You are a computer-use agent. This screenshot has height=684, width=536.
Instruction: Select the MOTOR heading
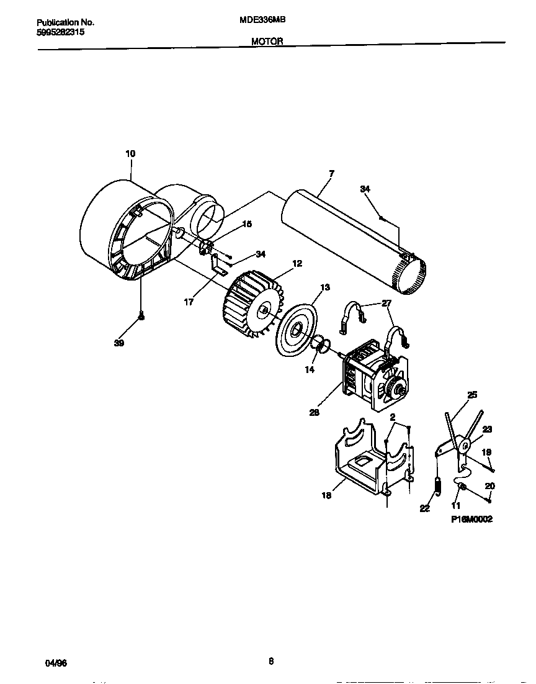(x=267, y=41)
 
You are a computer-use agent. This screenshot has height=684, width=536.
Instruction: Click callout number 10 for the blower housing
(x=130, y=153)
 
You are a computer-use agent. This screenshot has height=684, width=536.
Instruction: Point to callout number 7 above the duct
(x=331, y=173)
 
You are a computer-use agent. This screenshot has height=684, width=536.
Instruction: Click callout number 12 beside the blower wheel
(x=297, y=264)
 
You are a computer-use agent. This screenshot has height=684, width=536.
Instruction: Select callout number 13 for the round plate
(x=324, y=287)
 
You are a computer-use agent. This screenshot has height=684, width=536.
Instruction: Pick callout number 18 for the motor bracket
(x=326, y=495)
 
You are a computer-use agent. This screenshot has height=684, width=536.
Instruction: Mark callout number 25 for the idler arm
(x=472, y=394)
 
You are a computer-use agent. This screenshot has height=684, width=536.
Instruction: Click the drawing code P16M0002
(x=471, y=520)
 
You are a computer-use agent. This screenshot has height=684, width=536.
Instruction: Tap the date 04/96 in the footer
(x=56, y=663)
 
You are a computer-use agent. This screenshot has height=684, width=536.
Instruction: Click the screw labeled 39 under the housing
(x=141, y=317)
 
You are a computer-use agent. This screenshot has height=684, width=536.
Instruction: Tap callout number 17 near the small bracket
(x=189, y=302)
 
